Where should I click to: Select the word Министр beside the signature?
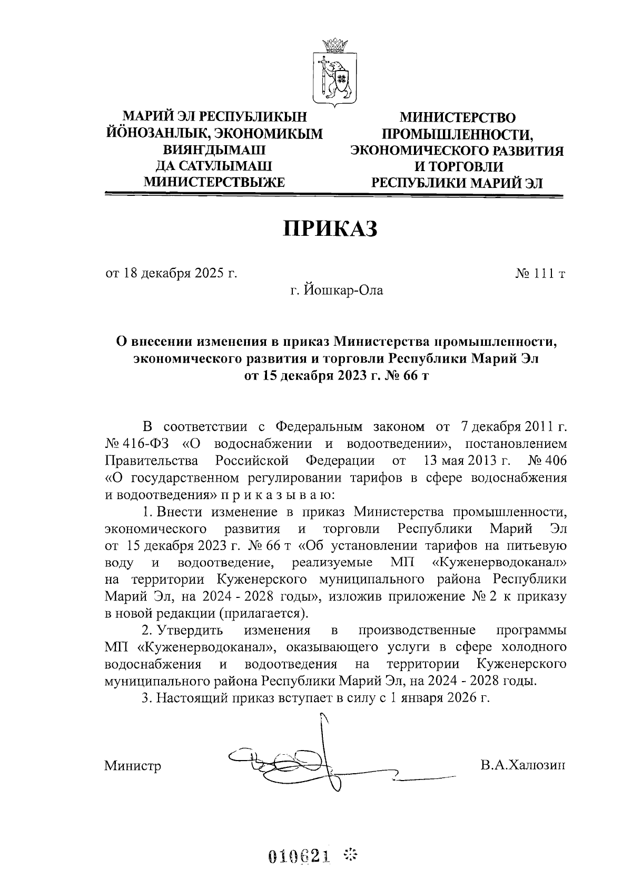(133, 765)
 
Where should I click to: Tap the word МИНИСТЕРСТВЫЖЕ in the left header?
(214, 182)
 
